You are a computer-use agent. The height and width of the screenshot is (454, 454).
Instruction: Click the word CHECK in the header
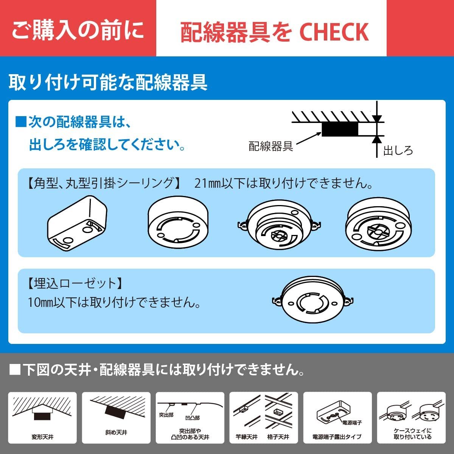coord(334,32)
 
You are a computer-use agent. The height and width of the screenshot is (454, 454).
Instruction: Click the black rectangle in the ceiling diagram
coord(339,129)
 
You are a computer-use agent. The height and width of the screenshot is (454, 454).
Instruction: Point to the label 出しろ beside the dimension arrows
coord(398,151)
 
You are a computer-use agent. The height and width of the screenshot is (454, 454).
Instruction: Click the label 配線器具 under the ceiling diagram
coord(271,146)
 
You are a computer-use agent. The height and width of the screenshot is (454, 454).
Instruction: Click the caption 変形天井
coord(42,437)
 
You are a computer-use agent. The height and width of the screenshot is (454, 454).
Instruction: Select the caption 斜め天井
coord(116,432)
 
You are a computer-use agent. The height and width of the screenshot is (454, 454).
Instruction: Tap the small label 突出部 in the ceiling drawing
coord(166,415)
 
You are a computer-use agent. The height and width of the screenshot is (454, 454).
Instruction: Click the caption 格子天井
coord(278,437)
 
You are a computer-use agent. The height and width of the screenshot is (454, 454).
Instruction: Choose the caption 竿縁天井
coord(247,437)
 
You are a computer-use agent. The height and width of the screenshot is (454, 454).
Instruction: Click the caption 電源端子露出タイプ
coord(337,437)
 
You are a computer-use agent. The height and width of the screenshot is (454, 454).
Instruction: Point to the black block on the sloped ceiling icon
coord(116,412)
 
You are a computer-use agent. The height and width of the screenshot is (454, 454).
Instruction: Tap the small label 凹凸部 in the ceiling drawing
coord(192,418)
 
